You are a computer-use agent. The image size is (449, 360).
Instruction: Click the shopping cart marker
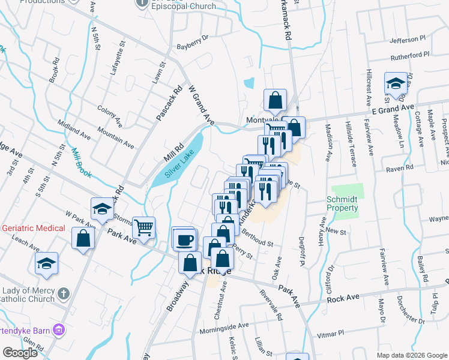[144, 227]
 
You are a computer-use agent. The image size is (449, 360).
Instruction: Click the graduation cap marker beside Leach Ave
[46, 263]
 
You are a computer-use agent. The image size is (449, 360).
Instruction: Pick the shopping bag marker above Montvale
[275, 100]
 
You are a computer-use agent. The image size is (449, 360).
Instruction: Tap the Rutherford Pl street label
[411, 55]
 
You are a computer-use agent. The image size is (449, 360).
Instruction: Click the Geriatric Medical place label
[34, 228]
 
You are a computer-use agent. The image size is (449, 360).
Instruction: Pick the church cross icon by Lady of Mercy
[65, 295]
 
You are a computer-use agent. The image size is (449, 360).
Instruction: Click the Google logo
[20, 353]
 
